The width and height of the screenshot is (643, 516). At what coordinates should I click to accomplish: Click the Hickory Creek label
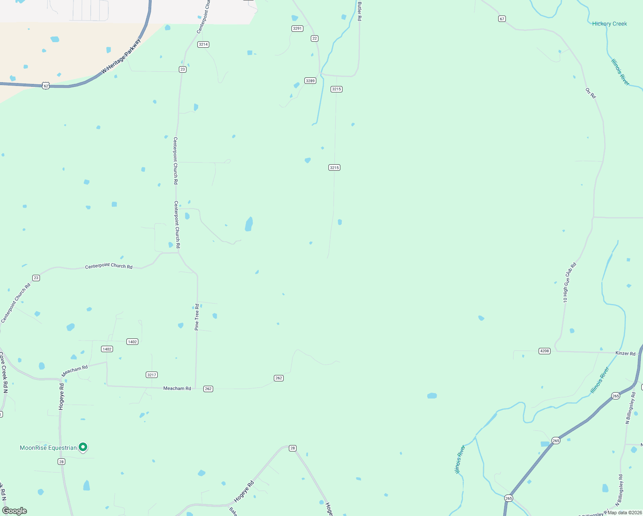(609, 24)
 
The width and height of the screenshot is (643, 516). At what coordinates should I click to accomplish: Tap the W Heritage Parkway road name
(121, 56)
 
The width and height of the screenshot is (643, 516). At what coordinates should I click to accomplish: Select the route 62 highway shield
(46, 86)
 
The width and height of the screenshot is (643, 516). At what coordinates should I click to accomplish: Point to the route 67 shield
(502, 19)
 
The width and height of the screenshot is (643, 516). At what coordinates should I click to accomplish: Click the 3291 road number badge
(297, 29)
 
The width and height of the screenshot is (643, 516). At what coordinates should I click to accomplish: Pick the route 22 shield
(315, 39)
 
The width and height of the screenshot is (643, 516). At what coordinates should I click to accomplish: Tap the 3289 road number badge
(310, 81)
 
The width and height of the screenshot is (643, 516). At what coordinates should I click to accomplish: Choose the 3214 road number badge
(203, 45)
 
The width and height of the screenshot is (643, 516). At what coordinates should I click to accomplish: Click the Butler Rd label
(359, 11)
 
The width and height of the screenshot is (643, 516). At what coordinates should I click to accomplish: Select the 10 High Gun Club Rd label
(569, 283)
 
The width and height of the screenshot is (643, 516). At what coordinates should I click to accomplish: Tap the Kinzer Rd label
(625, 353)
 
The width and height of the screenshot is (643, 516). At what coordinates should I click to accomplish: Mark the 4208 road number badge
(545, 351)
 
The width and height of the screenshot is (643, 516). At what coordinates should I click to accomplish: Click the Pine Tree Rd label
(197, 317)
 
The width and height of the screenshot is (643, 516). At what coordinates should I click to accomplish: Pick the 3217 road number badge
(152, 375)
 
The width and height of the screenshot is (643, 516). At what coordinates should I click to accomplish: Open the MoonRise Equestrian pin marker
(83, 447)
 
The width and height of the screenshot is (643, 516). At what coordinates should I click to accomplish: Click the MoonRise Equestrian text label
(48, 448)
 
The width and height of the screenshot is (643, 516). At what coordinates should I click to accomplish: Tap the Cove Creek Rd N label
(3, 372)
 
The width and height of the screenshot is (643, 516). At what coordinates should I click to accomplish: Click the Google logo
(15, 511)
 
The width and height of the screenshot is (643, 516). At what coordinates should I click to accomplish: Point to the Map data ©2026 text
(625, 513)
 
